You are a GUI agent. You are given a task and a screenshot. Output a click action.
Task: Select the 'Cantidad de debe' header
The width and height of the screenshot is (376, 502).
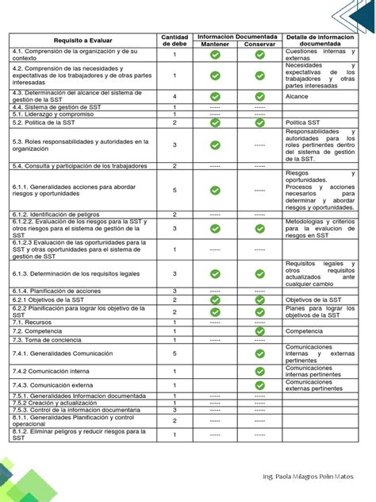[x=175, y=41]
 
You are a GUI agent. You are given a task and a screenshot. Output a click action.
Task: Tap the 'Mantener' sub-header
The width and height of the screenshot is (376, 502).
[x=214, y=44]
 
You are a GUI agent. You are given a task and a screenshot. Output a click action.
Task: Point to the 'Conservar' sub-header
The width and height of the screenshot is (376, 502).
[x=259, y=44]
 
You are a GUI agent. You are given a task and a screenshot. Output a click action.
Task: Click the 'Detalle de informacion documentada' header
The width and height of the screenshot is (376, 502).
[x=320, y=41]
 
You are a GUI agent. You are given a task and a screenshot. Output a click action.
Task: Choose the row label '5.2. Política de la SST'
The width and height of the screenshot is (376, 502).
[x=44, y=123]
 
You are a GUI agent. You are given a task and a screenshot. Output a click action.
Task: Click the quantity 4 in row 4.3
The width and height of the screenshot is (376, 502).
[x=175, y=95]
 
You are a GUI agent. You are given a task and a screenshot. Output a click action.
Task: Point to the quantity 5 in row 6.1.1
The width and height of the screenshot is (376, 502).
[x=175, y=191]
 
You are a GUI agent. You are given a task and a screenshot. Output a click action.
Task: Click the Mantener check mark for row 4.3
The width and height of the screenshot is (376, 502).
[x=214, y=95]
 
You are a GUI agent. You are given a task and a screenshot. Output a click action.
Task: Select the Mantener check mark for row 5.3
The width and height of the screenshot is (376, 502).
[x=214, y=145]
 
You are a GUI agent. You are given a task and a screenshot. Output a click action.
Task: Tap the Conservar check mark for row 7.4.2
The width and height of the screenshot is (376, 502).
[x=259, y=371]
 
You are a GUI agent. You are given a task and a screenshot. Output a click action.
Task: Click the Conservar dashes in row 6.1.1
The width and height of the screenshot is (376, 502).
[x=259, y=191]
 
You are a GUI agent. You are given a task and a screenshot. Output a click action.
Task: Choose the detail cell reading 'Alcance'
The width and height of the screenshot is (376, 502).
[x=297, y=95]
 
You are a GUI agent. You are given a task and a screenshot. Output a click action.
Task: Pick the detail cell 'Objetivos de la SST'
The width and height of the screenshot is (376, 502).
[x=313, y=300]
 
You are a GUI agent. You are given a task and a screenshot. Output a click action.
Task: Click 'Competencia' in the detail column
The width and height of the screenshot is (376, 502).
[x=305, y=330]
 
